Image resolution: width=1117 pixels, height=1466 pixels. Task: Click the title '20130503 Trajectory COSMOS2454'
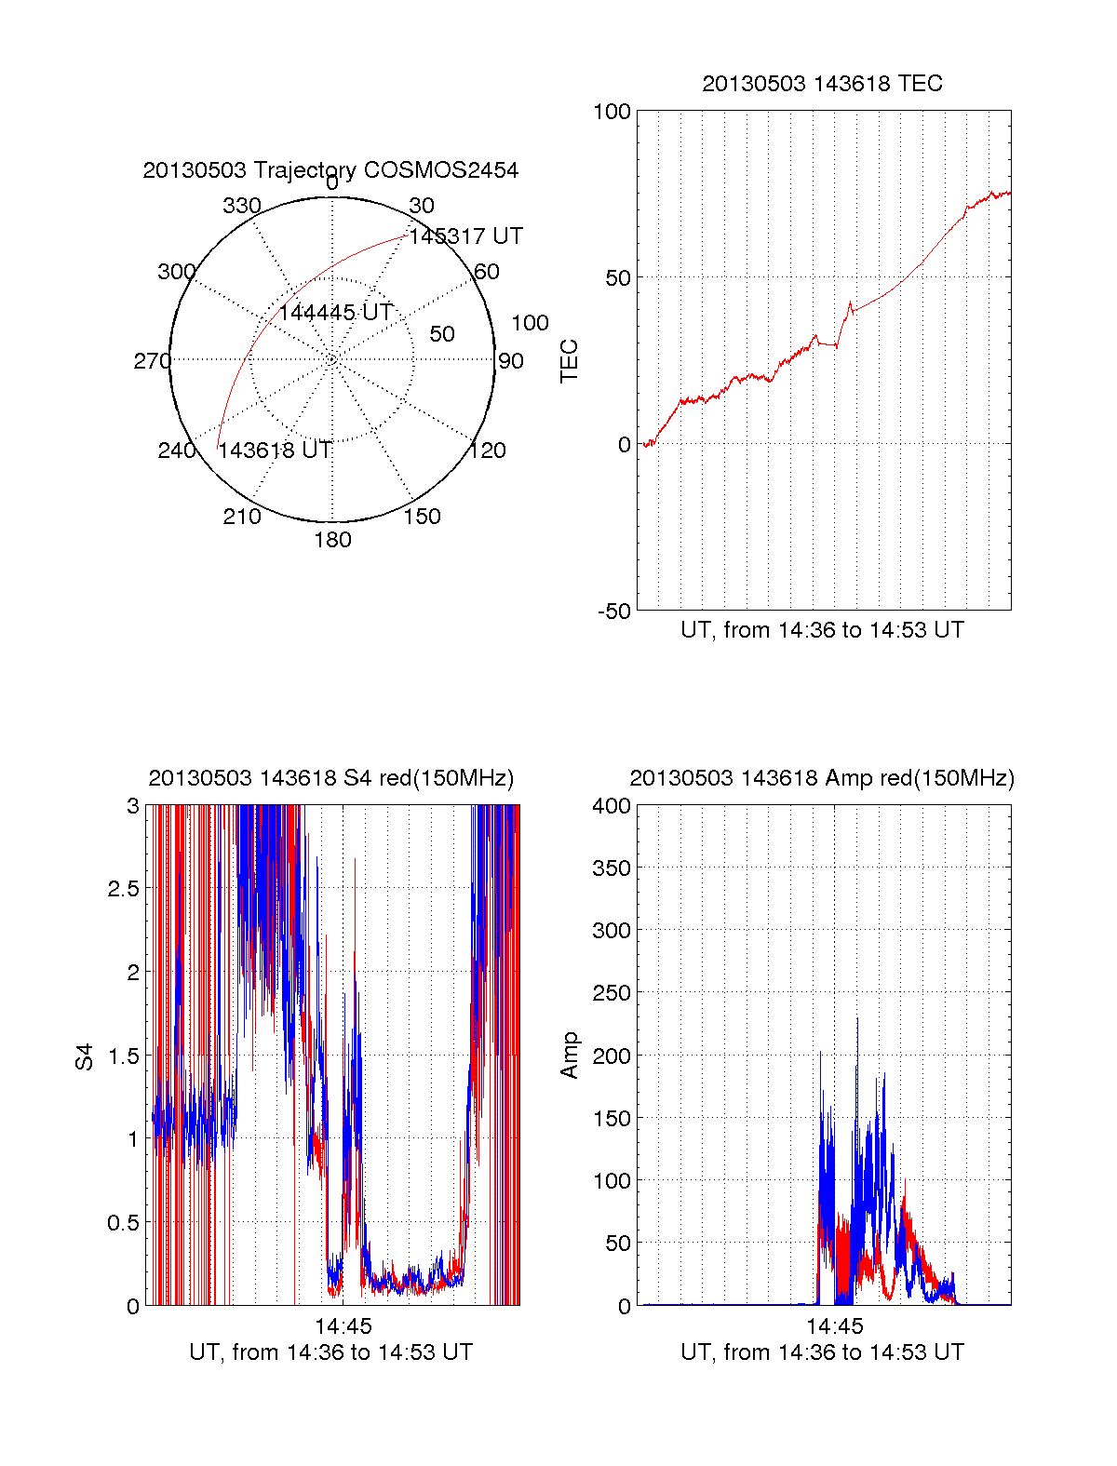[330, 170]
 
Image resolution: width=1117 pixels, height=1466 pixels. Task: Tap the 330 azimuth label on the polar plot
[242, 206]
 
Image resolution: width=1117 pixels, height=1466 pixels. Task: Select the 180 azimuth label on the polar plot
[332, 540]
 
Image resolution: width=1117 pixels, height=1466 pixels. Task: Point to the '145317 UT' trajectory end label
[465, 236]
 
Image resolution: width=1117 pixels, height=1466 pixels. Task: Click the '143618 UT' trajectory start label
[275, 451]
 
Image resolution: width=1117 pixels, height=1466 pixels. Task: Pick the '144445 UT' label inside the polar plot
[335, 313]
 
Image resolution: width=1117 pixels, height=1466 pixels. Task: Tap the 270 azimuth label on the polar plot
[152, 361]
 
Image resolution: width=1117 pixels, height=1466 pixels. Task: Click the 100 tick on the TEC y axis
[612, 113]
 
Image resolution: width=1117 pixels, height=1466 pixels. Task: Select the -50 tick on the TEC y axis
[613, 612]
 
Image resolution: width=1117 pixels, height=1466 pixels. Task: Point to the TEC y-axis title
[569, 361]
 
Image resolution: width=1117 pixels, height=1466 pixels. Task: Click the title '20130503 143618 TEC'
[822, 84]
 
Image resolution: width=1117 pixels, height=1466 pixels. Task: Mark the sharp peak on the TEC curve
[850, 303]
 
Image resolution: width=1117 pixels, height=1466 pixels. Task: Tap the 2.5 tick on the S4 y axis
[123, 889]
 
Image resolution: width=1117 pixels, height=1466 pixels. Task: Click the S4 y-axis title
[85, 1056]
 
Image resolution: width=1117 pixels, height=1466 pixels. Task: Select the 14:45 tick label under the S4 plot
[343, 1326]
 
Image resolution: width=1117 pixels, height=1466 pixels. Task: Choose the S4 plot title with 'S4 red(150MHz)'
[330, 778]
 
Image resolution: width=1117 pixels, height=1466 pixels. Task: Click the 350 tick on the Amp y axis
[612, 868]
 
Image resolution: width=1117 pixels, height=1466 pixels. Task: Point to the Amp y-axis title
[569, 1056]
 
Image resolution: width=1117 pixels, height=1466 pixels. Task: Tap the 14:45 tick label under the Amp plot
[834, 1326]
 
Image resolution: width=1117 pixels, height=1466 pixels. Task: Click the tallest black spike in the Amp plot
[857, 1020]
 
